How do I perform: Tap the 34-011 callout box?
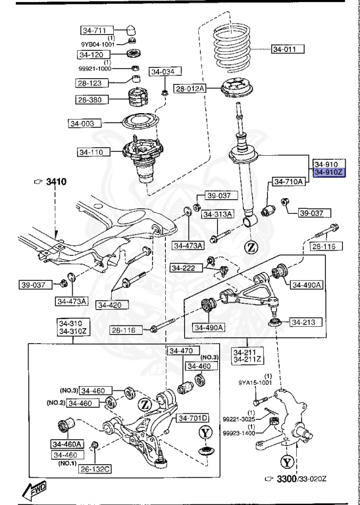click(288, 49)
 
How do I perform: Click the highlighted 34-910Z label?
click(327, 173)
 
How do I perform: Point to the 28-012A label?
click(190, 88)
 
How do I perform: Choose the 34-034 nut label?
click(165, 72)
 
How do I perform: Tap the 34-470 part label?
click(180, 351)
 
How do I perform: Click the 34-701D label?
click(192, 418)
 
